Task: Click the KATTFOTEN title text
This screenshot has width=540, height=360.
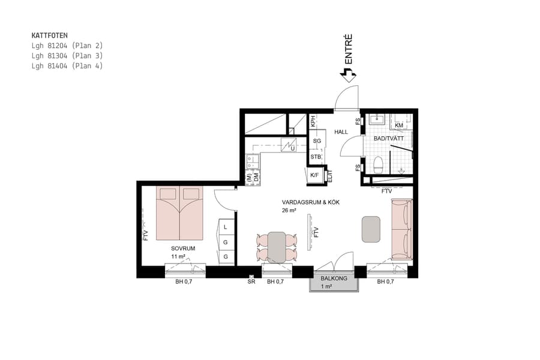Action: [49, 35]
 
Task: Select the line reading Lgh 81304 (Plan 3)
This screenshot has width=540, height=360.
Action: [67, 56]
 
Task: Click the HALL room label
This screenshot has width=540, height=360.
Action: [341, 131]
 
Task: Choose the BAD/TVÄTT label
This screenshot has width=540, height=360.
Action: [388, 138]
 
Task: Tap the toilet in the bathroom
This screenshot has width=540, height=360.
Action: [379, 164]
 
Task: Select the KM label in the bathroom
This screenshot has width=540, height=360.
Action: [399, 125]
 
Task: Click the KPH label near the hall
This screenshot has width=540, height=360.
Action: [313, 121]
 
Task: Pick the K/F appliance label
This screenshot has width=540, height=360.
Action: [314, 175]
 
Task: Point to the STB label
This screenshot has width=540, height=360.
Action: [316, 157]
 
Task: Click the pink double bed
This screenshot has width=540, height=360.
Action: [179, 212]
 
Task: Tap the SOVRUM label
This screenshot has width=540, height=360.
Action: [183, 248]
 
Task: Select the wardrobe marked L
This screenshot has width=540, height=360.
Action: [226, 227]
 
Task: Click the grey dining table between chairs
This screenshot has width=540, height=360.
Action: [277, 246]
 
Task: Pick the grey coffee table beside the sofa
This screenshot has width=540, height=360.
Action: [371, 229]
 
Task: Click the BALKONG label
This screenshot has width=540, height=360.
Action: [334, 278]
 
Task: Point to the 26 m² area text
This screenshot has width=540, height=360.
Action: [289, 211]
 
